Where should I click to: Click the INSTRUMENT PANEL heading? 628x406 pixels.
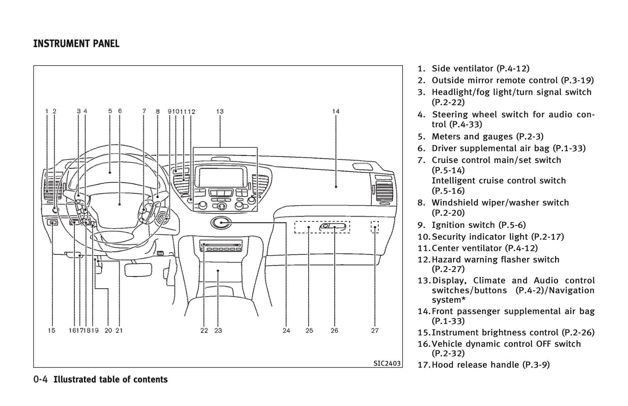click(x=76, y=44)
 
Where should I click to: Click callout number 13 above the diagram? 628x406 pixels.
click(x=220, y=111)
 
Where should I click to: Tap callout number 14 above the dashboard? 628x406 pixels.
click(x=336, y=111)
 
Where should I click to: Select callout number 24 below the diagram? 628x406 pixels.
click(x=286, y=330)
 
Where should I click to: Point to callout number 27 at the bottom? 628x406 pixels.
click(x=375, y=330)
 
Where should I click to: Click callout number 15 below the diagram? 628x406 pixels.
click(x=52, y=330)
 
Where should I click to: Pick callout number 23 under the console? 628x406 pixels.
click(x=218, y=330)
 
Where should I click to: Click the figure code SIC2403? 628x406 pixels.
click(x=387, y=363)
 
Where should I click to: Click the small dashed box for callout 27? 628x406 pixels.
click(x=375, y=227)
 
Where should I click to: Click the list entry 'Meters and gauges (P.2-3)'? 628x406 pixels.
click(x=487, y=136)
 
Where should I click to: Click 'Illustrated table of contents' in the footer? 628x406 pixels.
click(x=110, y=379)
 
